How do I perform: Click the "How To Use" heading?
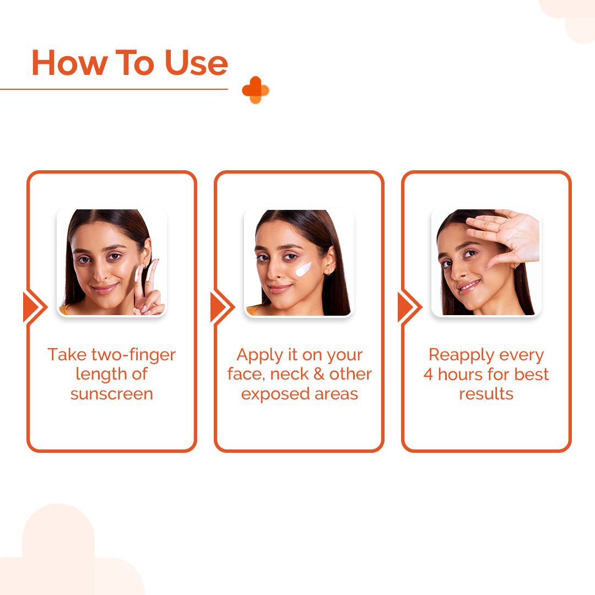[x=129, y=63]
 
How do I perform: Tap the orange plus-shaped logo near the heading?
[x=255, y=90]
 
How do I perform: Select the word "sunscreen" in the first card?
[x=111, y=394]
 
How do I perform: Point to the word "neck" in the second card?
[x=301, y=374]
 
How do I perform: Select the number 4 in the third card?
[x=428, y=374]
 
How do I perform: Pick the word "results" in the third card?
[x=486, y=394]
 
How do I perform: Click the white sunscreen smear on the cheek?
[x=303, y=268]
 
